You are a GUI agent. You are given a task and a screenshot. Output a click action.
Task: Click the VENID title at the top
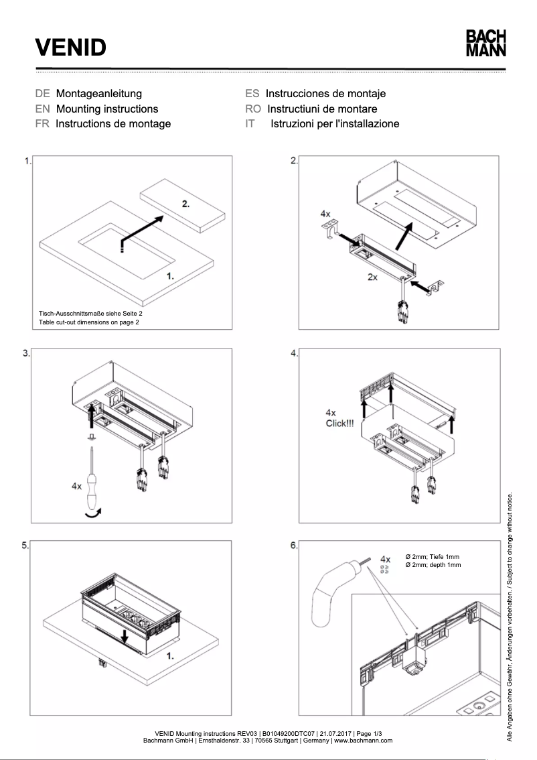[x=71, y=48]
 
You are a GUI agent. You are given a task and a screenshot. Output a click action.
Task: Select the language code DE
[x=43, y=94]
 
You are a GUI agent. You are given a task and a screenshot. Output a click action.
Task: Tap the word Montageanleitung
[x=99, y=94]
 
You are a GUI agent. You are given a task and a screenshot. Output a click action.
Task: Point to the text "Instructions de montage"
[x=113, y=123]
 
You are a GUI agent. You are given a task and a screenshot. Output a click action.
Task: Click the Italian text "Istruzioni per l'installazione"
[x=335, y=123]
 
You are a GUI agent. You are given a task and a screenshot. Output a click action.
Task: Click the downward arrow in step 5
[x=125, y=637]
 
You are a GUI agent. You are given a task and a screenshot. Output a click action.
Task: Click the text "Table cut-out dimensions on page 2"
[x=89, y=322]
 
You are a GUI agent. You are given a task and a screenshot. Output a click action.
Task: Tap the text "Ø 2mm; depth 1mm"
[x=433, y=565]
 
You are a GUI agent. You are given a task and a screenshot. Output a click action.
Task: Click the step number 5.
[x=25, y=546]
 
